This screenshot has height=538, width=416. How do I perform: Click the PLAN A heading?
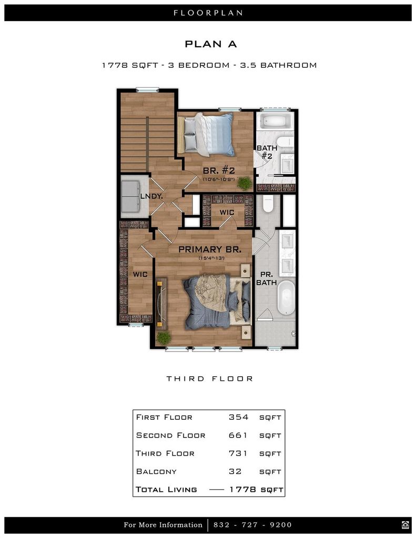210,44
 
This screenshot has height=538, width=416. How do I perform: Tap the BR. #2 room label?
218,171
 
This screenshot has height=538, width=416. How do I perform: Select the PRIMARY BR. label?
210,250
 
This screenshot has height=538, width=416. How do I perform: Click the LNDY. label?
151,196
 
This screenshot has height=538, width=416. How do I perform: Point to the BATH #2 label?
267,152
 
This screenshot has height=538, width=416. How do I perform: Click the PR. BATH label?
267,278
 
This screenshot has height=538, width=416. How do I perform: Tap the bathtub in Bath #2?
276,120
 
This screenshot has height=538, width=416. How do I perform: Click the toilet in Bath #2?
285,141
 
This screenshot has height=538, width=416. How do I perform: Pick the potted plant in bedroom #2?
245,183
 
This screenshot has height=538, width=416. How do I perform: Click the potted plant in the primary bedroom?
164,338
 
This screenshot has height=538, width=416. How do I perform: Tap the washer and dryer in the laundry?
130,196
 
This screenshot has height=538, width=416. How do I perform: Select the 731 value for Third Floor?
238,453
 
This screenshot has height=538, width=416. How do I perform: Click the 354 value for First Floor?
238,417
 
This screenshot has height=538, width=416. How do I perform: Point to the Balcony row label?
156,471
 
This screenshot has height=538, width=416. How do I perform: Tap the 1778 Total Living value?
243,489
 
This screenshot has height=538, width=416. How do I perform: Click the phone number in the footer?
252,525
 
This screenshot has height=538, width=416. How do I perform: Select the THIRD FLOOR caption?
210,379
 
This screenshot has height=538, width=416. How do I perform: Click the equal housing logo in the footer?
405,525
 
